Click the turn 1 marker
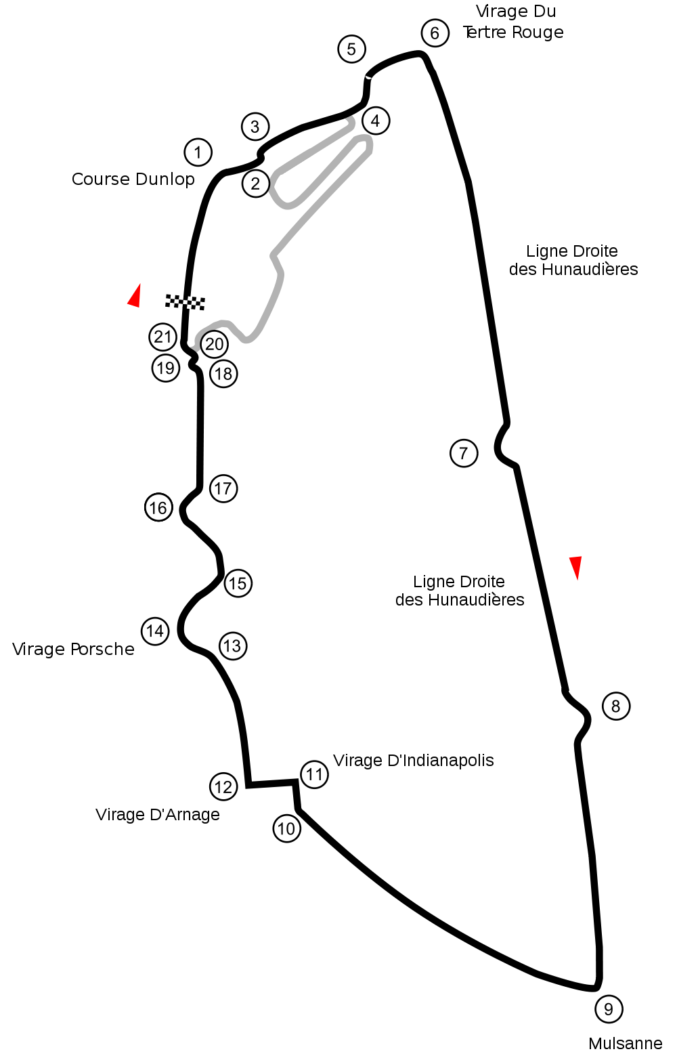tap(198, 152)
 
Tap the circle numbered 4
tap(376, 121)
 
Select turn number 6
tap(435, 33)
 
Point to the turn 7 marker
tap(464, 453)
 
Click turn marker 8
tap(616, 706)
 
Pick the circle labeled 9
tap(609, 1009)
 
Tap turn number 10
tap(287, 828)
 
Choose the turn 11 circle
tap(315, 774)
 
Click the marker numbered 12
tap(223, 786)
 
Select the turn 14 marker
tap(155, 631)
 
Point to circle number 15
tap(238, 583)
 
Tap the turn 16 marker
tap(158, 507)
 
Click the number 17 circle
tap(223, 488)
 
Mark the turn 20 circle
tap(215, 345)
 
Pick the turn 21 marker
tap(163, 337)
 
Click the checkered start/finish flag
tap(185, 302)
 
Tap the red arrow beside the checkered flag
tap(135, 297)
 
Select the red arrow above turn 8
tap(576, 567)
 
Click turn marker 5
tap(351, 49)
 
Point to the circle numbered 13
tap(233, 646)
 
